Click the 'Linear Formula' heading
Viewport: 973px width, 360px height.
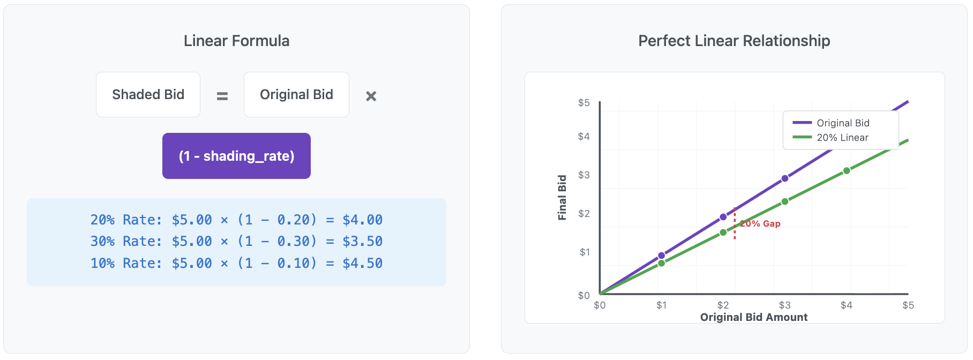[x=236, y=41]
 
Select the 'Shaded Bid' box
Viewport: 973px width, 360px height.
[x=148, y=95]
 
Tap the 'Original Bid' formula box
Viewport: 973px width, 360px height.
[x=296, y=95]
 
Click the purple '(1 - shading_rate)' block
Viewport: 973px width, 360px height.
[x=236, y=156]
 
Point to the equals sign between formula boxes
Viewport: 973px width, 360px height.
[x=222, y=96]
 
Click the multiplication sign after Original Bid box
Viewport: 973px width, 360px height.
[x=371, y=96]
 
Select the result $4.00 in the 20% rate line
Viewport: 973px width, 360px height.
[x=362, y=220]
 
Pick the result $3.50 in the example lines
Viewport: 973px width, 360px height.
[x=362, y=241]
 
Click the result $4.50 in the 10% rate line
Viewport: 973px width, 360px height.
[x=362, y=263]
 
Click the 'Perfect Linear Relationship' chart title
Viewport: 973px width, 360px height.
[x=734, y=41]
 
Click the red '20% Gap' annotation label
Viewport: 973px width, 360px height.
[x=760, y=223]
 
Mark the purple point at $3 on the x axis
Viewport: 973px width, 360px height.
[x=785, y=178]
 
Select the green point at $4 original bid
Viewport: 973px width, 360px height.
[x=847, y=171]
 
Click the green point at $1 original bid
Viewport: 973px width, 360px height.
[x=662, y=263]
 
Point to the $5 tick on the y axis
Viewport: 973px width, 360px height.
[x=584, y=102]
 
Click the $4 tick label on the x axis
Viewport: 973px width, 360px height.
[x=847, y=305]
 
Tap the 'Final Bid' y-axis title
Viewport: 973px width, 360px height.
[x=562, y=197]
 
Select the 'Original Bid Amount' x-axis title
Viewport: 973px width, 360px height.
[x=754, y=317]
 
